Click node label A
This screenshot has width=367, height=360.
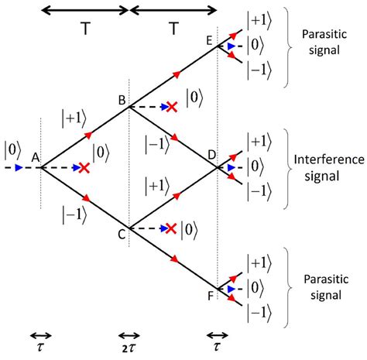pyautogui.click(x=35, y=157)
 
